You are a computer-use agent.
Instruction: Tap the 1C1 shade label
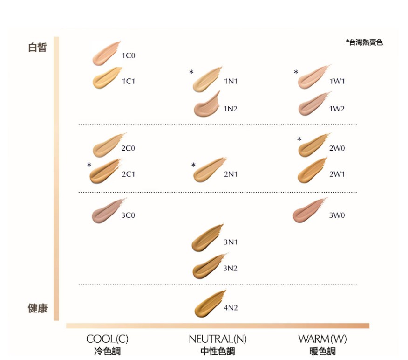click(x=128, y=81)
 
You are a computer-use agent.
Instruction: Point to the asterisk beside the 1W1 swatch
click(x=296, y=73)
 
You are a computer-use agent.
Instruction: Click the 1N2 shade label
click(x=231, y=109)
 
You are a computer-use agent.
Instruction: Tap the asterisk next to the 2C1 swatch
click(x=89, y=166)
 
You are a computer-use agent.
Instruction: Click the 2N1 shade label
click(x=231, y=174)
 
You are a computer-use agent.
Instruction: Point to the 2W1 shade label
click(x=337, y=174)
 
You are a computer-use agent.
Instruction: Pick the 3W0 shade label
click(x=337, y=215)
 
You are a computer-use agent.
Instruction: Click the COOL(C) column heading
click(x=107, y=339)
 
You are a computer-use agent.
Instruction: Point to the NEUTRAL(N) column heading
click(x=218, y=339)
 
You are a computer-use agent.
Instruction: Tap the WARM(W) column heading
click(x=322, y=339)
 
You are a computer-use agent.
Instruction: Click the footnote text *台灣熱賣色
click(x=364, y=42)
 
